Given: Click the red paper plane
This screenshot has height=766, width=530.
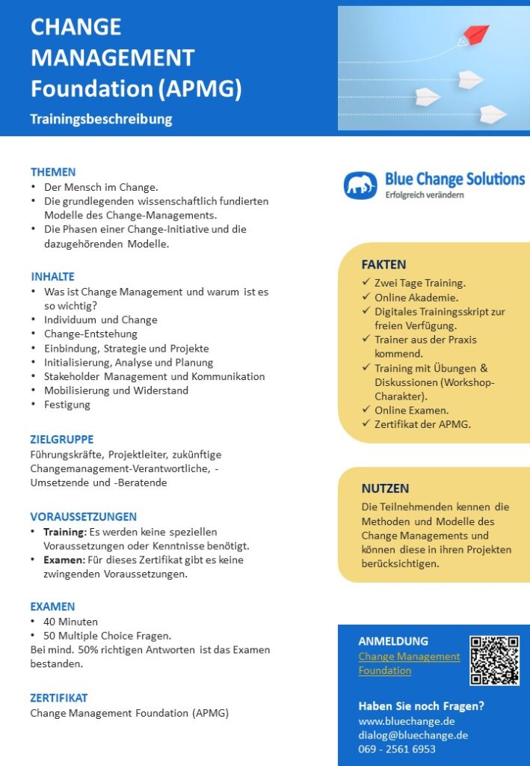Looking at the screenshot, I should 475,34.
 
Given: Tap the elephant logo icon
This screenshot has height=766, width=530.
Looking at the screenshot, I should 360,186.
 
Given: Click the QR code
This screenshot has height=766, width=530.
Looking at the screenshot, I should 494,660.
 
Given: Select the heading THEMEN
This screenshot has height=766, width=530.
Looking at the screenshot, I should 53,172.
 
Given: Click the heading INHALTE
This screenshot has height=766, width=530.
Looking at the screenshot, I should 53,277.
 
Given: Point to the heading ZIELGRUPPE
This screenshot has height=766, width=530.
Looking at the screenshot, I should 62,439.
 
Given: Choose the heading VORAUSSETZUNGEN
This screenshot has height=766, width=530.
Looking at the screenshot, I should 83,517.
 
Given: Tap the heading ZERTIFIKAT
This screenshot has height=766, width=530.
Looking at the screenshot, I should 59,698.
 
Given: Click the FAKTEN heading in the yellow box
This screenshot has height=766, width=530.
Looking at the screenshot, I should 383,264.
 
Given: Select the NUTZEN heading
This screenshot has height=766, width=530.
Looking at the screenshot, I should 385,488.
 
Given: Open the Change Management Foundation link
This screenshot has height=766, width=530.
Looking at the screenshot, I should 409,664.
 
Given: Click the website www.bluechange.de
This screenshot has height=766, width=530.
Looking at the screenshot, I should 407,721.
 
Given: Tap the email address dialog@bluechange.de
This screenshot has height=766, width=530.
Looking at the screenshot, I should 413,735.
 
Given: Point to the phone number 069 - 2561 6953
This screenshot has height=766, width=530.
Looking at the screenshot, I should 397,749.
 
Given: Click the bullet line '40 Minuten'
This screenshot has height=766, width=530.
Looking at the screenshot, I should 70,622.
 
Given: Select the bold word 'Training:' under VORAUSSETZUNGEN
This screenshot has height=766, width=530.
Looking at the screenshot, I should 65,532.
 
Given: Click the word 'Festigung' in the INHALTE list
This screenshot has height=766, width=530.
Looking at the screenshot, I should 67,405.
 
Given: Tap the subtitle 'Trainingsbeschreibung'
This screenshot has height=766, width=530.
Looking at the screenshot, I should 101,119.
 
